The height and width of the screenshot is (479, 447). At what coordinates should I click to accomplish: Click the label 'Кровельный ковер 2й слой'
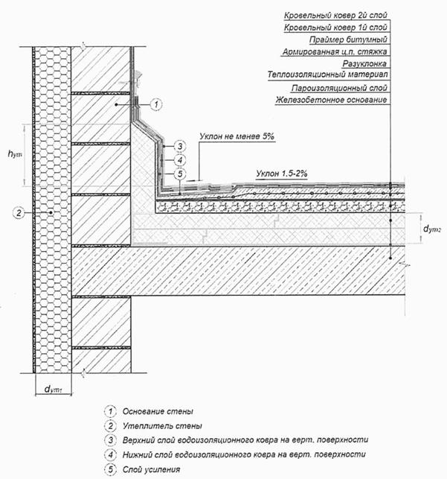[x=337, y=13]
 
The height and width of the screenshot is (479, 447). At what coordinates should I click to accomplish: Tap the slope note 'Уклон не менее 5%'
[x=237, y=137]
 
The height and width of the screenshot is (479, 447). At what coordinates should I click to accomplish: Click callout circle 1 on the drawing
[x=155, y=105]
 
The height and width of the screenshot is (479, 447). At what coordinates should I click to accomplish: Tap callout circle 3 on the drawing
[x=179, y=145]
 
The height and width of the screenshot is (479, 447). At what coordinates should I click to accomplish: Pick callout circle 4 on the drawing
[x=179, y=159]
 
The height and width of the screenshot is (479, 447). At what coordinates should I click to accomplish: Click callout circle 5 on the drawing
[x=179, y=174]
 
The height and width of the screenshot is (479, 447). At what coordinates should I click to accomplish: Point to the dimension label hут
[x=13, y=154]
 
